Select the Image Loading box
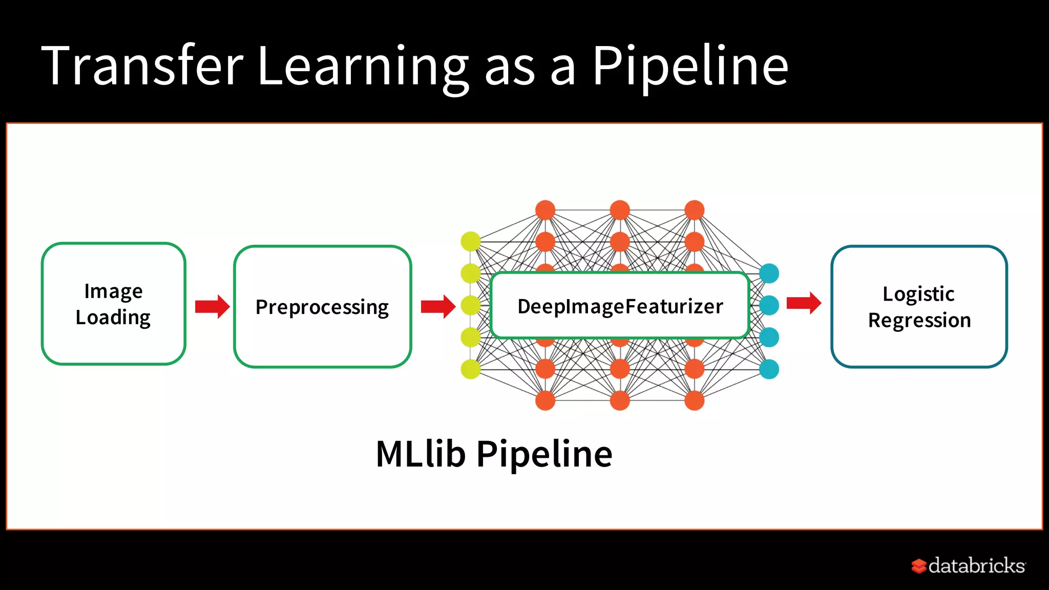(113, 304)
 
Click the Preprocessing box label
(322, 307)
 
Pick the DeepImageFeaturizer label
(620, 306)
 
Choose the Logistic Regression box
(919, 307)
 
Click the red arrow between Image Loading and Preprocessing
(212, 307)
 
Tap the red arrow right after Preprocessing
(438, 307)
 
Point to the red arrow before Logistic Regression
(804, 303)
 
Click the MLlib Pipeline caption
(494, 454)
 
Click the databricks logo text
(976, 566)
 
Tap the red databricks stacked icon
(918, 566)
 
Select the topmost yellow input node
(471, 242)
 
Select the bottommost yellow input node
(471, 369)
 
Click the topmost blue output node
(769, 273)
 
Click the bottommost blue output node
(769, 369)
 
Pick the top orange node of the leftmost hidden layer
(545, 210)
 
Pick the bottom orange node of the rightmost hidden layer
(694, 401)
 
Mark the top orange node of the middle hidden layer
(620, 210)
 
